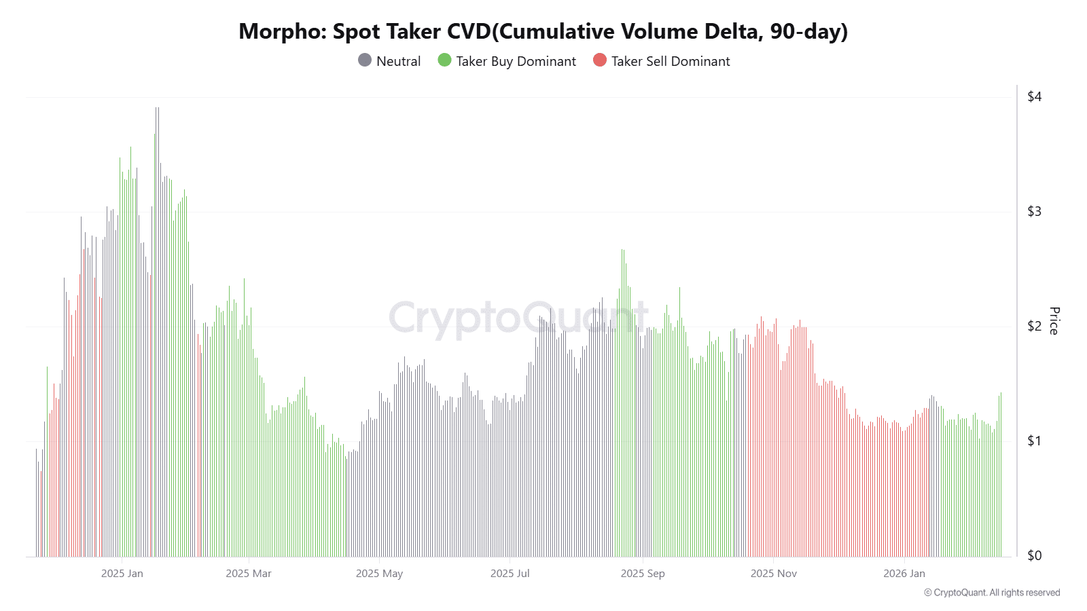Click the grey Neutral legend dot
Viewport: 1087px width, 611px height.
(x=365, y=60)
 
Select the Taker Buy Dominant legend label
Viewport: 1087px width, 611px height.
(x=516, y=61)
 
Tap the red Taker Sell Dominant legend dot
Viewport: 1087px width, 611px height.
(x=600, y=60)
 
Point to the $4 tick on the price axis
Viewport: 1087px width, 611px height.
(x=1034, y=97)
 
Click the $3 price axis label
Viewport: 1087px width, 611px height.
(x=1034, y=212)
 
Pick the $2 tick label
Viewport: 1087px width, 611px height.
(x=1034, y=327)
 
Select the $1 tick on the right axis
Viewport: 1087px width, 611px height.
(x=1034, y=441)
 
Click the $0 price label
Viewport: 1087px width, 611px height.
(x=1034, y=556)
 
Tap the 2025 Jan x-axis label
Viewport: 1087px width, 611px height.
(x=122, y=574)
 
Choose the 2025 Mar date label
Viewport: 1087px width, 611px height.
(x=249, y=574)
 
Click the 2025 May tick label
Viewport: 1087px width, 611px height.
(x=379, y=574)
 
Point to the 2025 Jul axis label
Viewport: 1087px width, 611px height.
(x=510, y=574)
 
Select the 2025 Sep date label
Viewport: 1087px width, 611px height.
(x=643, y=574)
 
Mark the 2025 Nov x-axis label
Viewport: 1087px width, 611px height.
(x=774, y=574)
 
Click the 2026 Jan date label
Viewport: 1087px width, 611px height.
(x=904, y=574)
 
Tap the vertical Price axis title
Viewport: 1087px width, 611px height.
(x=1054, y=321)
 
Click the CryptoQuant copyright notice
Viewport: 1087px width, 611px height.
(x=992, y=593)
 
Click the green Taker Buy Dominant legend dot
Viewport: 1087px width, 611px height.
(x=445, y=60)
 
